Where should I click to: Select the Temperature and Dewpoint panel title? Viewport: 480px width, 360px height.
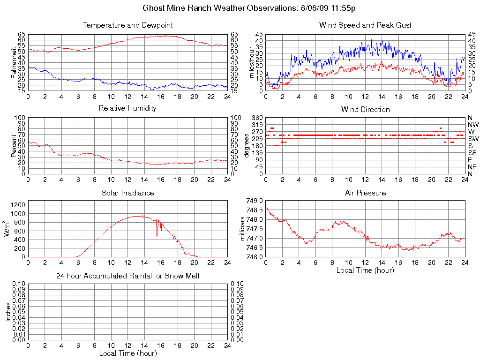tap(127, 25)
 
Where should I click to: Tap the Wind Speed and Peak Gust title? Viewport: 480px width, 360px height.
tap(365, 25)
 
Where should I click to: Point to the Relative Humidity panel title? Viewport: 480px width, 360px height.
tap(127, 108)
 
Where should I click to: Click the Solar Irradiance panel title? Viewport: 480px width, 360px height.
tap(127, 193)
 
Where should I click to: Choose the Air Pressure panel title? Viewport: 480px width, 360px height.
tap(365, 193)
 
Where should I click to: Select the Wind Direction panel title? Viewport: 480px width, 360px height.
tap(365, 109)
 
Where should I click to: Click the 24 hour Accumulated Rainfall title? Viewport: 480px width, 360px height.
tap(127, 276)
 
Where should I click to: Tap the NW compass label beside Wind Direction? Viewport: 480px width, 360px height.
tap(472, 125)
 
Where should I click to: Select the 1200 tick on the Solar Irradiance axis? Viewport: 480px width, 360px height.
tap(18, 205)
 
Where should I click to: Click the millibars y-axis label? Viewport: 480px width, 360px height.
tap(243, 228)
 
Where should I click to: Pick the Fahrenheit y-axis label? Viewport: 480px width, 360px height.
tap(15, 62)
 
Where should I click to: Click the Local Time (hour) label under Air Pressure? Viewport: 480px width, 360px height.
tap(365, 270)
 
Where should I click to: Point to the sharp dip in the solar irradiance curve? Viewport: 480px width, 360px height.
tap(157, 234)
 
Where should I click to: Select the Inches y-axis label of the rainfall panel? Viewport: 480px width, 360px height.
tap(8, 311)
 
